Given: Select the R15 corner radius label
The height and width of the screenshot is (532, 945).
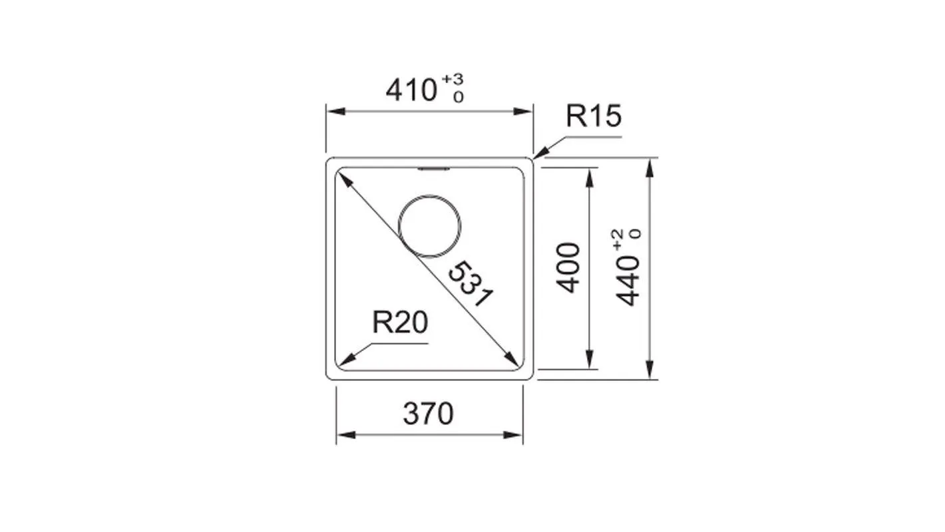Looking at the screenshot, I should [593, 116].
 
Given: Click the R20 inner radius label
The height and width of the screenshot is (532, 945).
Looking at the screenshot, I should [399, 323].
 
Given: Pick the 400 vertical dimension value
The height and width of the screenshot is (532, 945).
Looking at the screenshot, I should [568, 267].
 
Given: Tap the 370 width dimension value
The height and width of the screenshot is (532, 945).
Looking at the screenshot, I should [428, 414].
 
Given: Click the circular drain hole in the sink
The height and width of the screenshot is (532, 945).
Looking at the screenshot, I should [429, 226].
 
